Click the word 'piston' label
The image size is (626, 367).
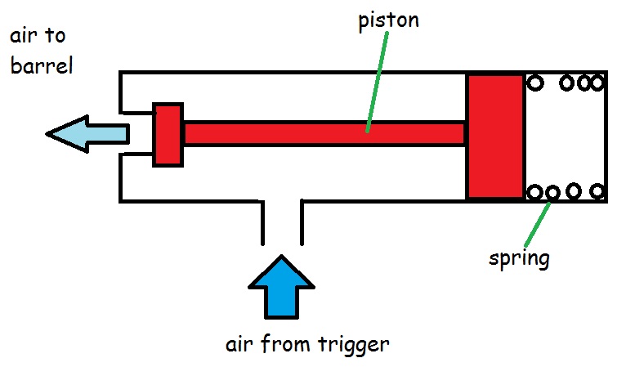pos(388,20)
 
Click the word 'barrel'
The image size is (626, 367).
pos(42,65)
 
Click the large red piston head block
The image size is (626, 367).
pos(495,137)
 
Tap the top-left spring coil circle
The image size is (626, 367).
pos(536,83)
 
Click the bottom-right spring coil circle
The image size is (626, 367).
pos(598,192)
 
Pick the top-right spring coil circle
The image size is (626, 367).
pos(598,83)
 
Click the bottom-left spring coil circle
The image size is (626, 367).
pos(535,193)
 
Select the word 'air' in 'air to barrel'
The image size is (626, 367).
pos(25,37)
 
